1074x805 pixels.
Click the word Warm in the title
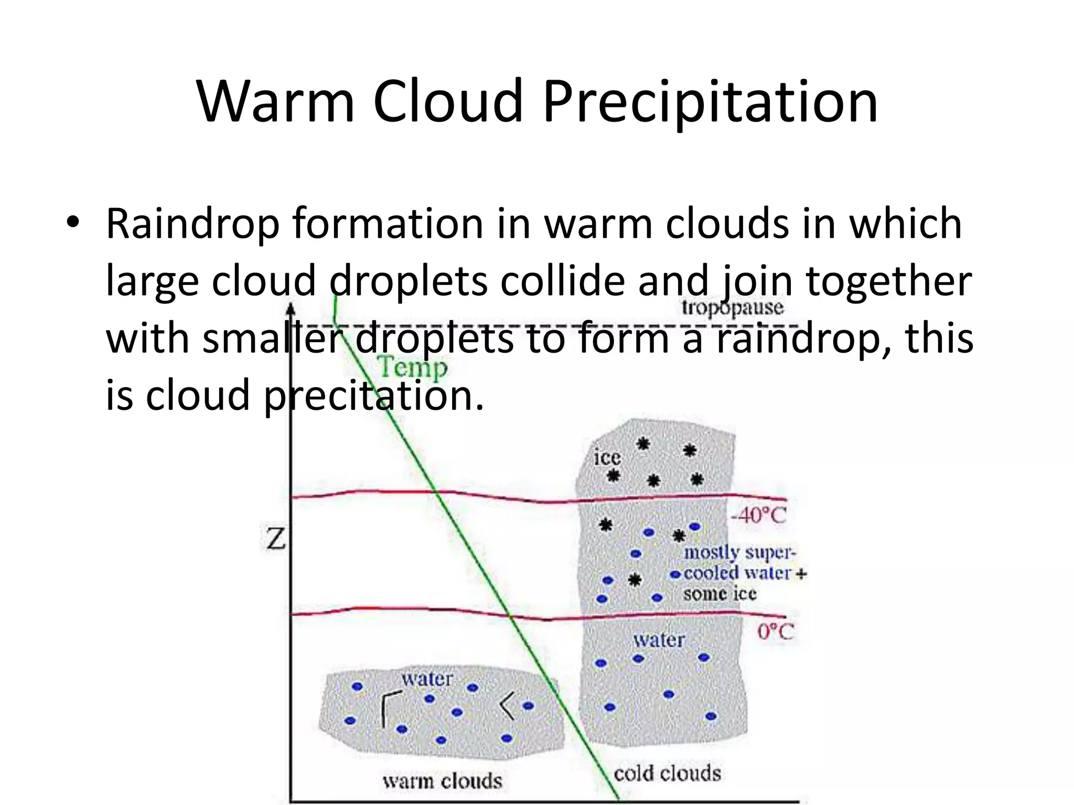point(276,101)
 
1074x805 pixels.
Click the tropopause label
point(733,308)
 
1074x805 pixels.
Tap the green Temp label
point(413,367)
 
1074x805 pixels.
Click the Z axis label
point(275,539)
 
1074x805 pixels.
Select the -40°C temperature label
point(758,516)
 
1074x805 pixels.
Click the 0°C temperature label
point(775,632)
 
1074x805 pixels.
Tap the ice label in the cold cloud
point(607,458)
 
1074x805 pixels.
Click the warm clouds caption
point(442,781)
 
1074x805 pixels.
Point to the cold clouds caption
point(667,774)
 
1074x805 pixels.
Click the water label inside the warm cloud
point(427,679)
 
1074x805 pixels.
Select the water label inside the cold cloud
point(659,640)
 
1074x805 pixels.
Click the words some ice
point(719,594)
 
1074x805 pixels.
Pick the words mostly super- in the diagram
point(739,552)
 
